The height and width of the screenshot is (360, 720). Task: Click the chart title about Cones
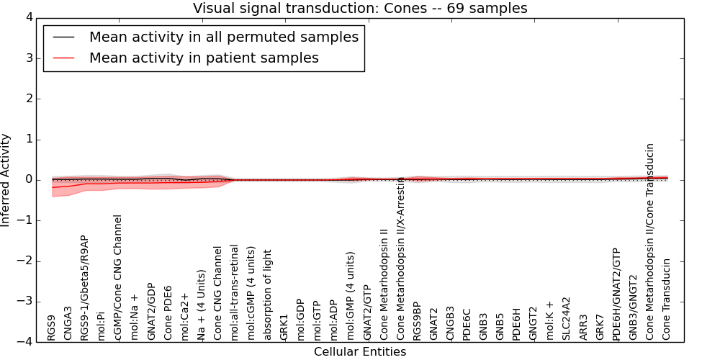pos(360,8)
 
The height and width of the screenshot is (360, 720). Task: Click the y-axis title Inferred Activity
pos(6,180)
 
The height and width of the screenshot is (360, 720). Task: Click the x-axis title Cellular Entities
pos(360,352)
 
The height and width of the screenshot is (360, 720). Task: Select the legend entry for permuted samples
pos(223,37)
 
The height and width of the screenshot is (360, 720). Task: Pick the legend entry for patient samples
pos(204,58)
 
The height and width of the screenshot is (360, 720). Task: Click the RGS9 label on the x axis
pos(52,327)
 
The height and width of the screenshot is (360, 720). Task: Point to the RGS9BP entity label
pos(417,320)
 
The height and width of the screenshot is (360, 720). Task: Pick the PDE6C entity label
pos(467,324)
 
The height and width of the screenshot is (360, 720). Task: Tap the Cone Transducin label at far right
pos(667,299)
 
